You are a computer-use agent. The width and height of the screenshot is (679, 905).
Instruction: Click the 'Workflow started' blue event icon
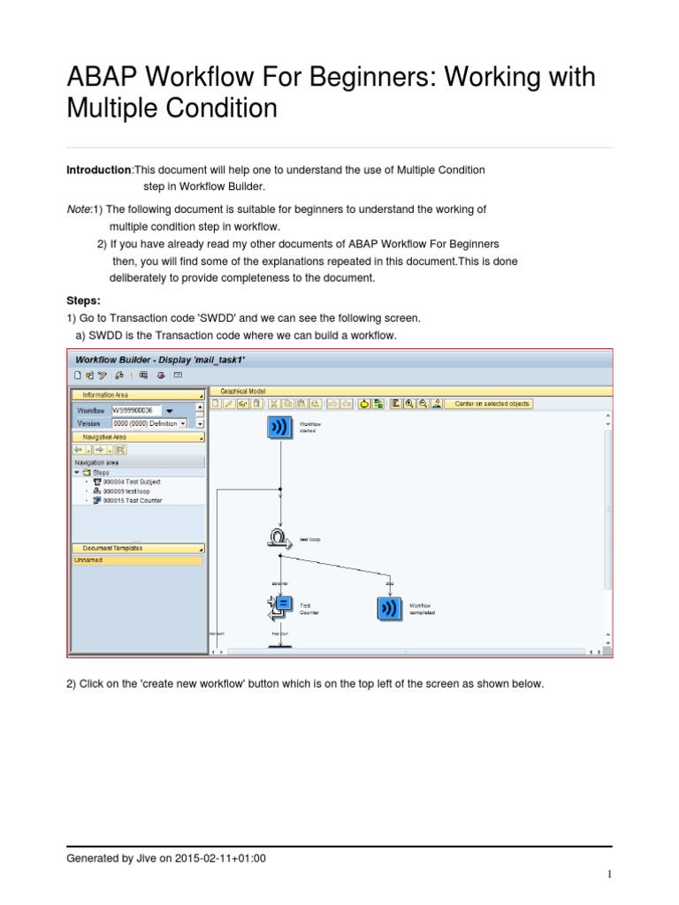tap(280, 428)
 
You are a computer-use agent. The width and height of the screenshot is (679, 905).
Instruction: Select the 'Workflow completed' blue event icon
tap(388, 608)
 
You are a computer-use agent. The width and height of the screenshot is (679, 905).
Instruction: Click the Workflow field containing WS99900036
tap(136, 411)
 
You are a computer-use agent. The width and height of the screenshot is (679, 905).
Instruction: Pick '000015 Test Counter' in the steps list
tap(132, 501)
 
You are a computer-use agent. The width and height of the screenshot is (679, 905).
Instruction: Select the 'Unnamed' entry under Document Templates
tap(88, 559)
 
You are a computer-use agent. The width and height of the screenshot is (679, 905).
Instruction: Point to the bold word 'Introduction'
tap(99, 170)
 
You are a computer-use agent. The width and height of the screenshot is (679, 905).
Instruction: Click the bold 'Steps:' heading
tap(84, 300)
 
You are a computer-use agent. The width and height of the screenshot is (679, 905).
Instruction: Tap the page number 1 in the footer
tap(609, 875)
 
